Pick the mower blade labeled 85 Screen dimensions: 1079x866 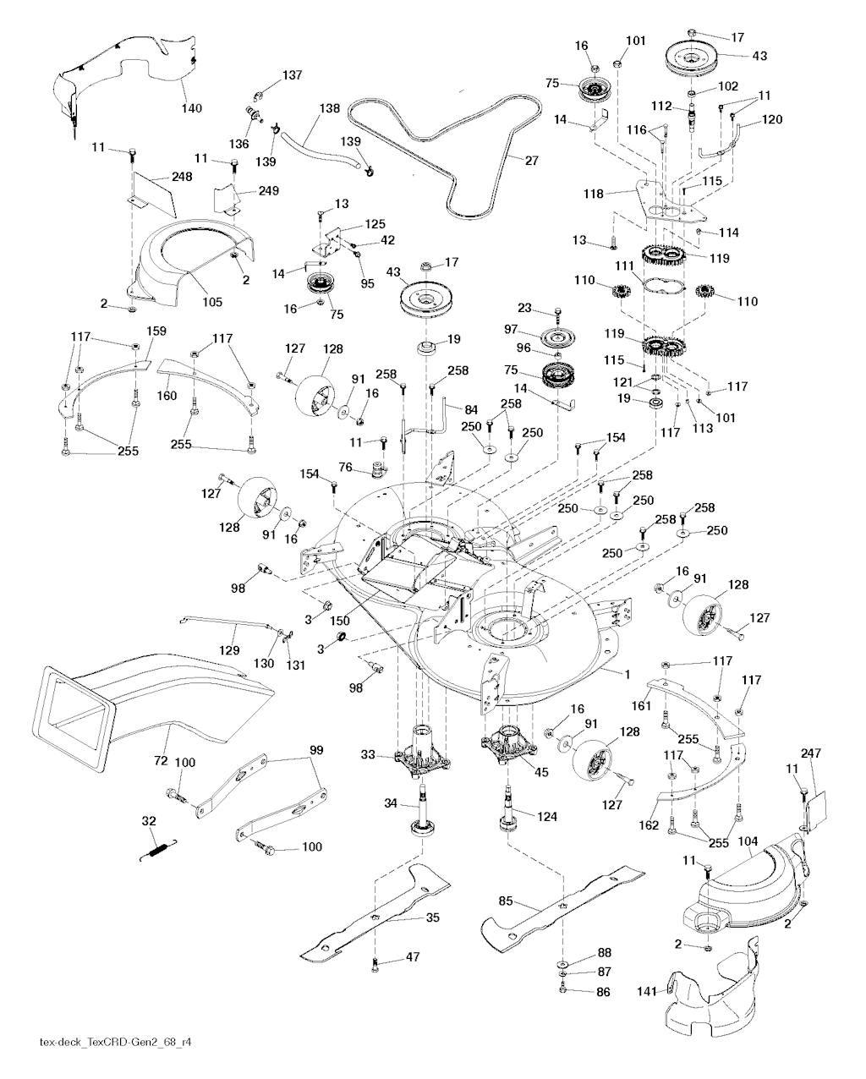(558, 909)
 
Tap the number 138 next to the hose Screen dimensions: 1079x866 (329, 108)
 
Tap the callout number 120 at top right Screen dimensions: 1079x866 (770, 119)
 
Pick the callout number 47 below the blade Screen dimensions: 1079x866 (412, 958)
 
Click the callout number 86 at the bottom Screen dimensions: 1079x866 (602, 992)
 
